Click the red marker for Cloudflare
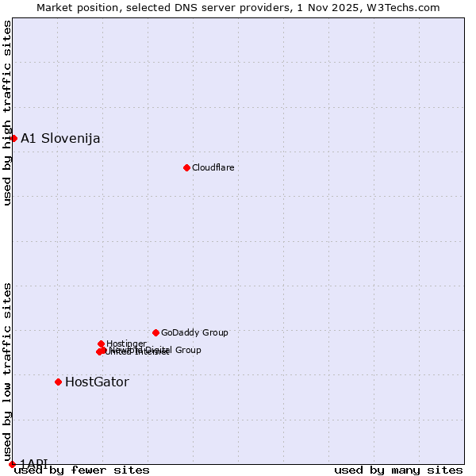click(x=186, y=167)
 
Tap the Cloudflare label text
click(x=213, y=167)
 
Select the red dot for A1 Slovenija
click(x=13, y=138)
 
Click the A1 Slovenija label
click(x=60, y=138)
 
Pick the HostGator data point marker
click(x=58, y=382)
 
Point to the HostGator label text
click(x=97, y=382)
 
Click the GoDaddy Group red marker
click(x=155, y=332)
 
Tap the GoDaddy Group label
click(x=194, y=332)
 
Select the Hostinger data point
click(x=101, y=344)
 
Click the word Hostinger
click(x=126, y=344)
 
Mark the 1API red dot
click(x=12, y=464)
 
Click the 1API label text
click(x=34, y=463)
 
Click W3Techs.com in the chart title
click(x=409, y=7)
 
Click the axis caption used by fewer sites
click(x=82, y=470)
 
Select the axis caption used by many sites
click(x=398, y=470)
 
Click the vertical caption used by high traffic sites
click(x=8, y=113)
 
